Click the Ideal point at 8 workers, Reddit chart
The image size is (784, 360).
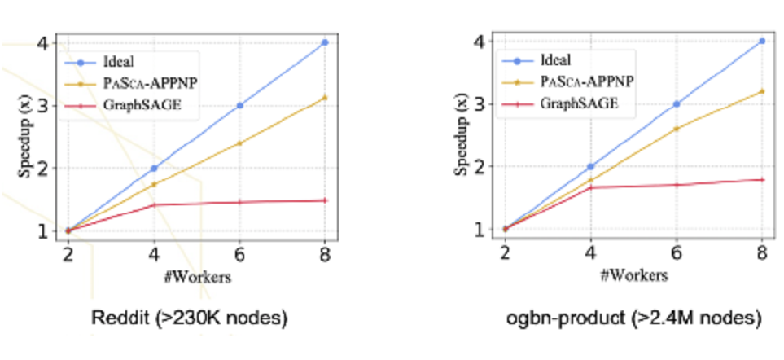325,42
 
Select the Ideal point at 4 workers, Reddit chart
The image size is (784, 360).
153,169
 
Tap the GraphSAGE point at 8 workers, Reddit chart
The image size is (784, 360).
325,200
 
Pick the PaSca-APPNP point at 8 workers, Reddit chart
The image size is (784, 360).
325,98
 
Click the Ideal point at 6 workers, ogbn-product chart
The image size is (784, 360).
676,104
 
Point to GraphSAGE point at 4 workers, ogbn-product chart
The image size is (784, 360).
590,187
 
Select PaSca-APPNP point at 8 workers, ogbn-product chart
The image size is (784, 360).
762,91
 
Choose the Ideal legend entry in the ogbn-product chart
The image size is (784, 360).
554,60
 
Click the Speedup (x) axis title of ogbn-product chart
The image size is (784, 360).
463,134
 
